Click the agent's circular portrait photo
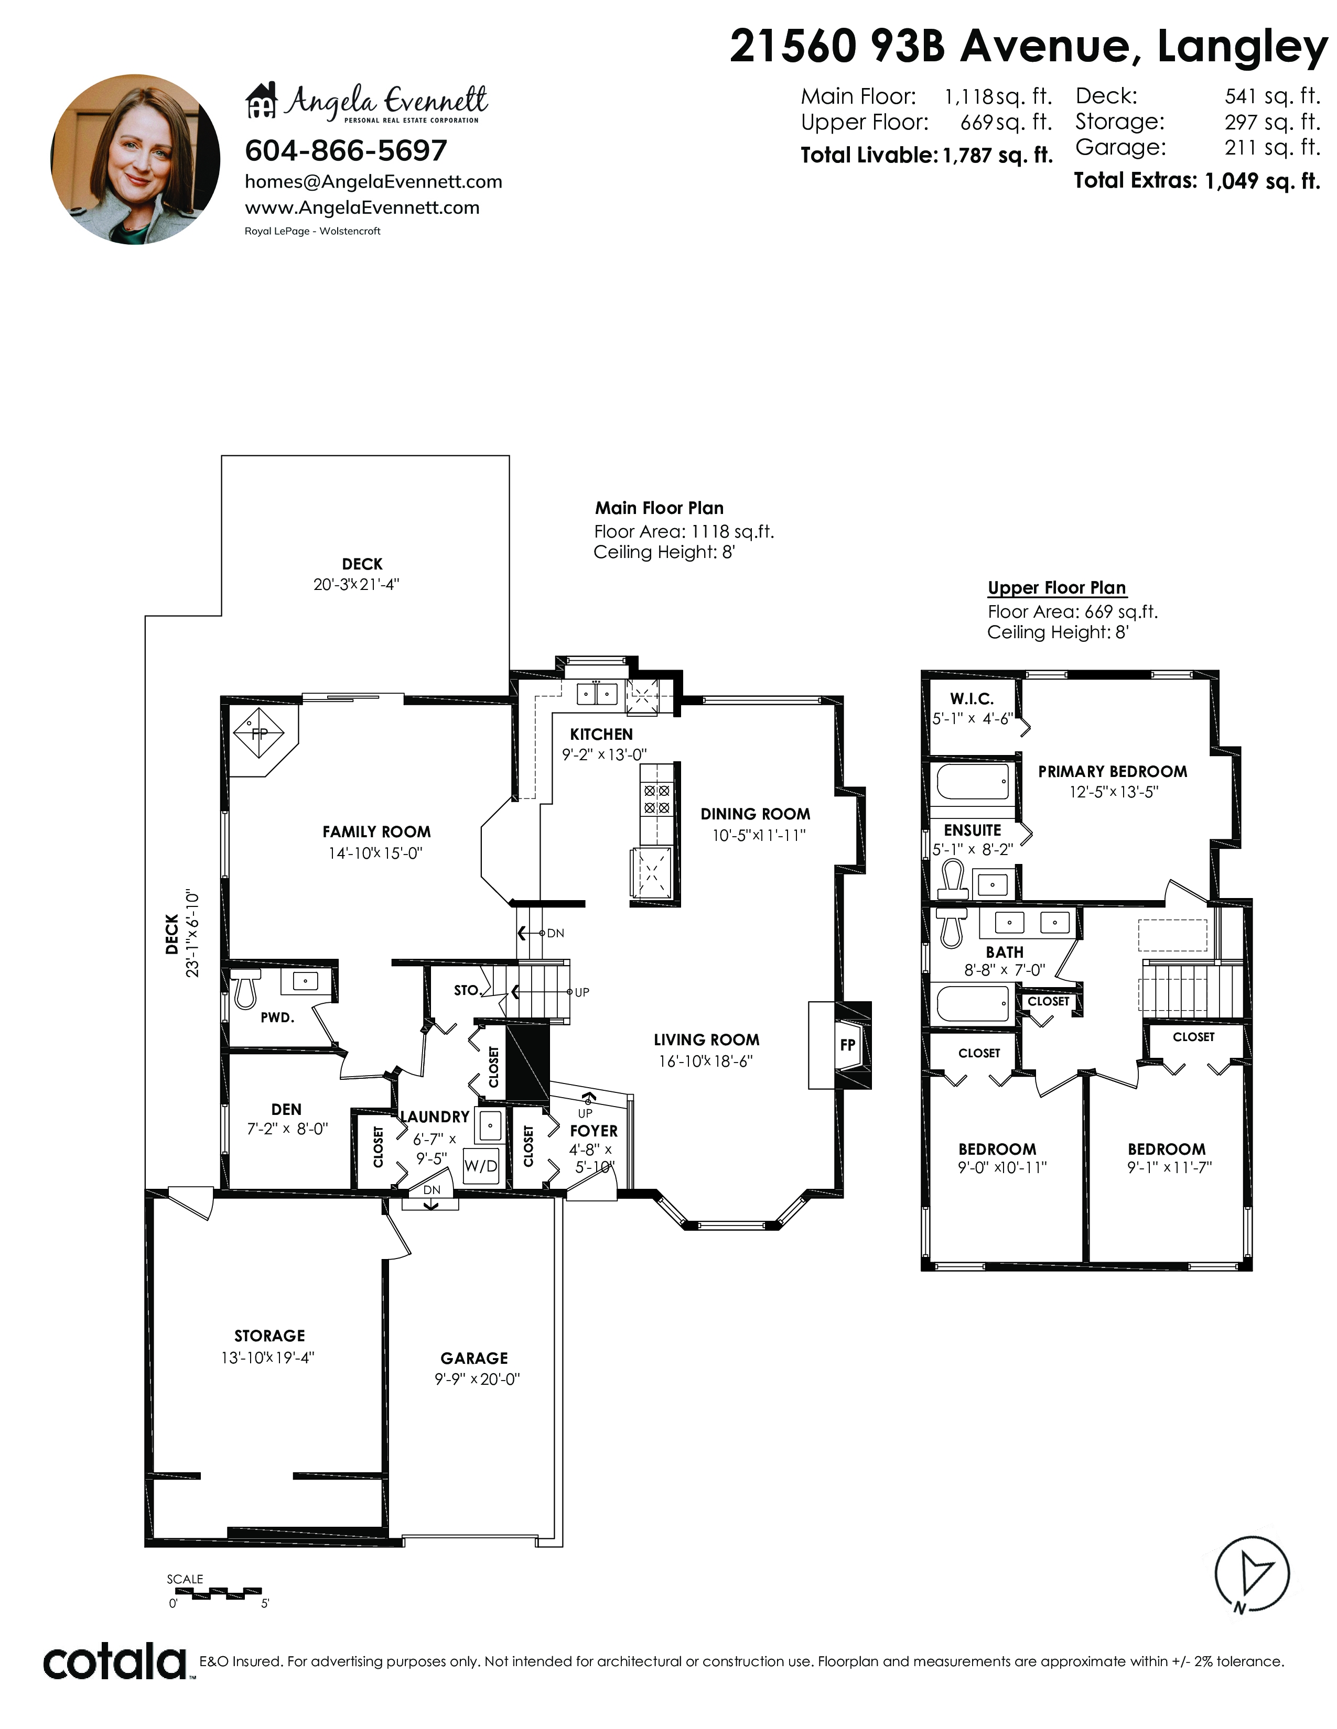click(135, 159)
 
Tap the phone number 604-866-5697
click(346, 150)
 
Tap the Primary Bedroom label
click(1113, 771)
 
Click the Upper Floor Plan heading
click(1056, 587)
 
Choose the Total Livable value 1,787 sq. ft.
click(998, 155)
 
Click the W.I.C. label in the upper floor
click(972, 698)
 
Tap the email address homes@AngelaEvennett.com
click(373, 181)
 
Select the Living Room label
click(707, 1039)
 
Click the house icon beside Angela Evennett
click(262, 101)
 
